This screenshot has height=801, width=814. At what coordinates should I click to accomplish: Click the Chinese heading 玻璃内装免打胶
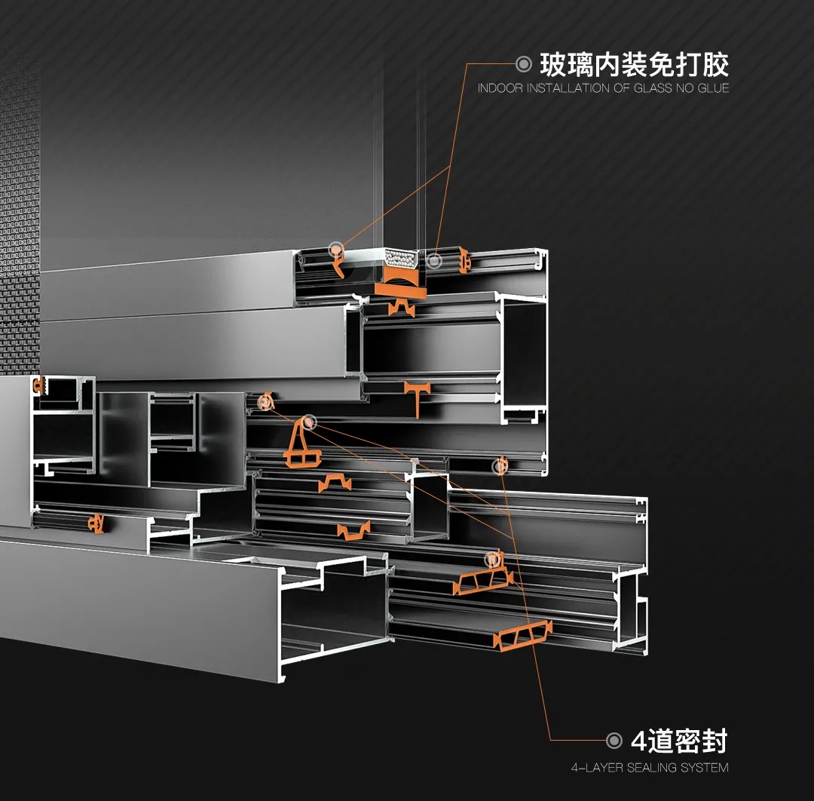tap(635, 65)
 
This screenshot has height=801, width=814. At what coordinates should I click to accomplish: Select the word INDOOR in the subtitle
tap(500, 88)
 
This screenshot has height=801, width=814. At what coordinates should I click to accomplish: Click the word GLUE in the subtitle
tap(713, 88)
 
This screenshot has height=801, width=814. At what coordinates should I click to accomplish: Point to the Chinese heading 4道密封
tap(679, 741)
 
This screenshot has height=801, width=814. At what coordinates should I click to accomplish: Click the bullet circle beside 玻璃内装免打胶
tap(524, 64)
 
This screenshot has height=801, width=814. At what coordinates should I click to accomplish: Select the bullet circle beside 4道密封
tap(614, 740)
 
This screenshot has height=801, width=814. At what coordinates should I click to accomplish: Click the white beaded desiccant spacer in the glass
tap(400, 258)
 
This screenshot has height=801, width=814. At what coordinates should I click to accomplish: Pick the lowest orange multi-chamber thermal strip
tap(522, 635)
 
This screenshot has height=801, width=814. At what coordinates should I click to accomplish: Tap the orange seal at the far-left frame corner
tap(38, 386)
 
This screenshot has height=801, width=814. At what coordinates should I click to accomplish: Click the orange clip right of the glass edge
tap(463, 260)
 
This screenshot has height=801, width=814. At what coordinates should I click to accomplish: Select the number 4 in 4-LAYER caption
tap(574, 767)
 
